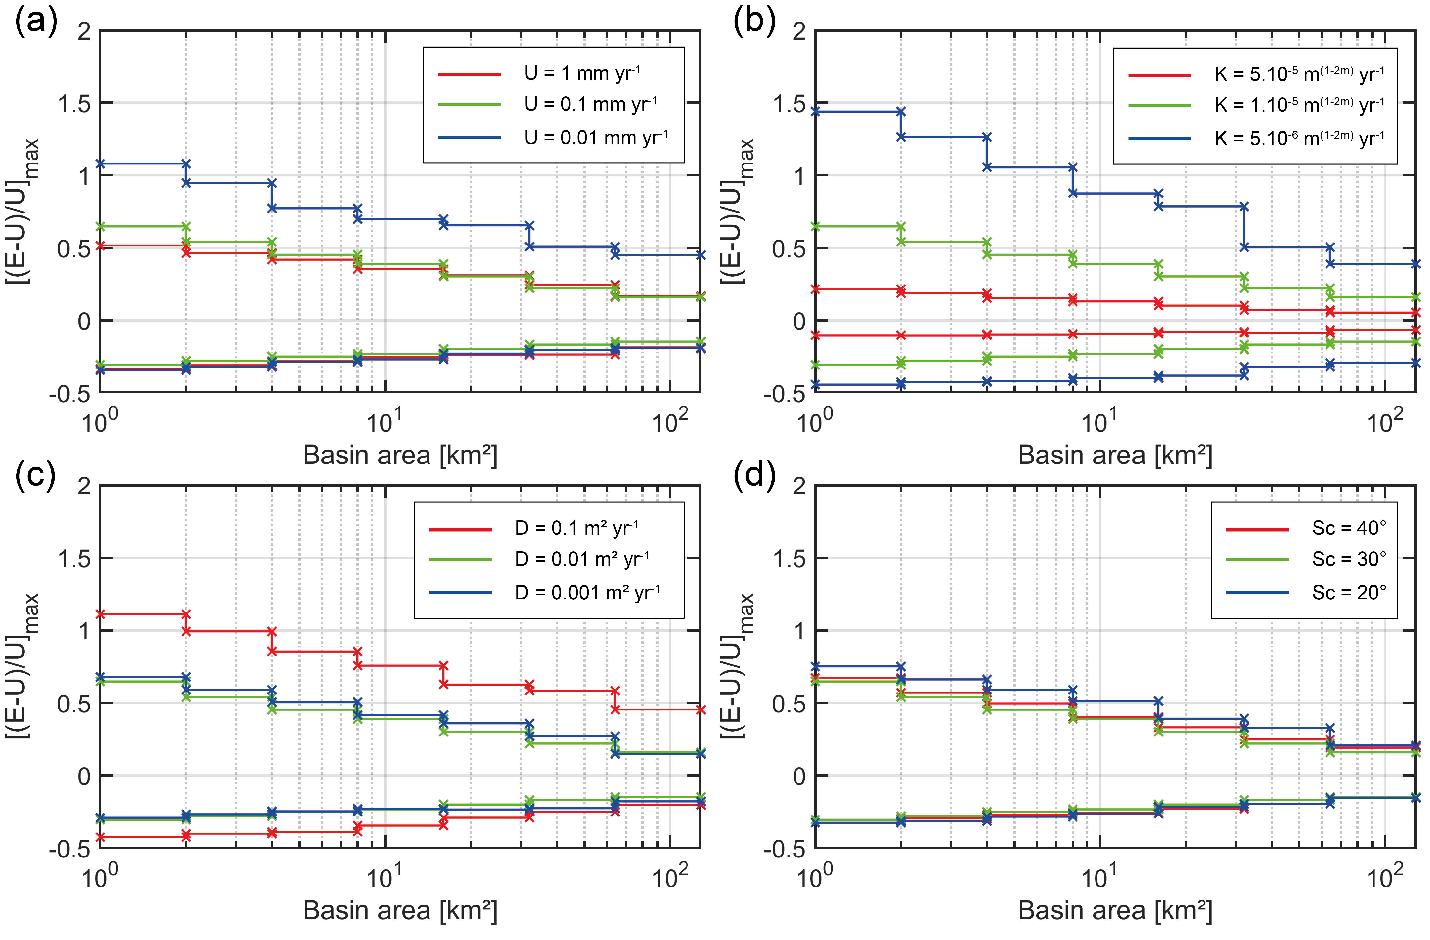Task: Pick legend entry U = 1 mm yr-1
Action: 582,73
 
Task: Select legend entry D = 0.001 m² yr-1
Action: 587,593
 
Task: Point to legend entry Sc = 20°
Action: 1349,593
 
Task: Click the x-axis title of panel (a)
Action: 400,455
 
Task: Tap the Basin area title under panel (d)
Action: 1114,911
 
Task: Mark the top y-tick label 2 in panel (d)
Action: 799,486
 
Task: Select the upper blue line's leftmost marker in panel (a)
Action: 100,164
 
